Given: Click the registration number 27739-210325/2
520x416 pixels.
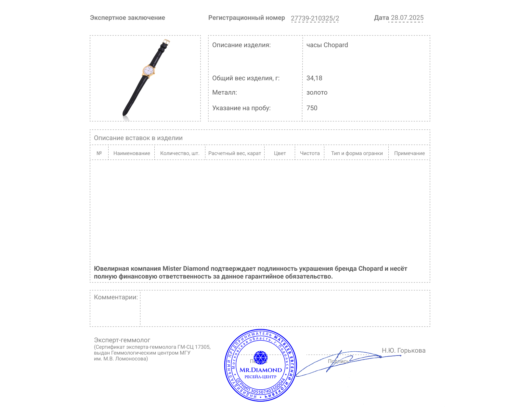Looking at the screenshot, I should point(315,18).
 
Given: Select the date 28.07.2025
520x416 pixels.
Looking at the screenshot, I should point(407,18).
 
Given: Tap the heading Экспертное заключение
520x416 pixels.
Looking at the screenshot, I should point(127,18).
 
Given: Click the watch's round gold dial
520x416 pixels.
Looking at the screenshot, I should point(149,71).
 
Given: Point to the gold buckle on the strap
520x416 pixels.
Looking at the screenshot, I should point(166,42).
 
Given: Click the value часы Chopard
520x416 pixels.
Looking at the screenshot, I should point(327,45).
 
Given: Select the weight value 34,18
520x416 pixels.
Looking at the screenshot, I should point(314,78).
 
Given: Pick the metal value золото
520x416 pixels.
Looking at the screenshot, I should point(317,93).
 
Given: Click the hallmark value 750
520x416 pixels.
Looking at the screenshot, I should point(312,108).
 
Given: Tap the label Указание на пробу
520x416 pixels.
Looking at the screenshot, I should point(241,108).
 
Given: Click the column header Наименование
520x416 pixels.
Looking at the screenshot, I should point(132,153).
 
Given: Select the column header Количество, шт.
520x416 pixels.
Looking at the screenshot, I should point(180,153).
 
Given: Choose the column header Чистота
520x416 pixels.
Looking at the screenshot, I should point(310,153).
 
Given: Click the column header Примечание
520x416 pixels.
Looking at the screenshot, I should point(409,153).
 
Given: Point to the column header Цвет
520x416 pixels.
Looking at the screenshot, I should point(280,153).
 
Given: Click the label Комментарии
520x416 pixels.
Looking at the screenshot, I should point(116,297).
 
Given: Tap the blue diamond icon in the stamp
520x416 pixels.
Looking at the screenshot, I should point(260,357).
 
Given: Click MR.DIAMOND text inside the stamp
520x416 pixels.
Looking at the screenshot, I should point(261,370).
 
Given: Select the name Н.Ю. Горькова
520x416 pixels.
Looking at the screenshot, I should point(403,351).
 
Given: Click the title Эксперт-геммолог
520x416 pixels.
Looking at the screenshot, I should point(122,340).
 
